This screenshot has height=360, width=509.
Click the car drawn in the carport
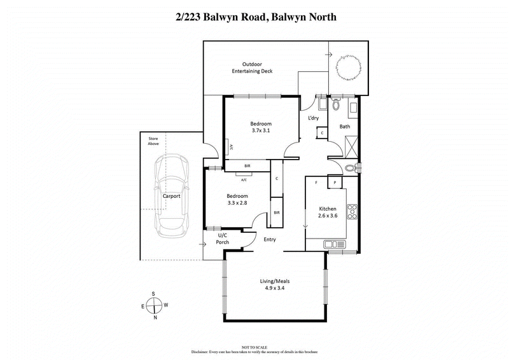pyautogui.click(x=171, y=195)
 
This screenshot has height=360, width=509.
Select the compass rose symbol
pyautogui.click(x=154, y=305)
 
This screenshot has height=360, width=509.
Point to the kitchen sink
pyautogui.click(x=333, y=244)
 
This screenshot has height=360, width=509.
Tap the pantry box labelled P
pyautogui.click(x=335, y=183)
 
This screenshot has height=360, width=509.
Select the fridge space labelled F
pyautogui.click(x=316, y=183)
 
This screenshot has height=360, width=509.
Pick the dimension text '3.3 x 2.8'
pyautogui.click(x=236, y=204)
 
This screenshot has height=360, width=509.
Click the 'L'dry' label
pyautogui.click(x=313, y=119)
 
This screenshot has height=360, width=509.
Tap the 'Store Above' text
pyautogui.click(x=153, y=141)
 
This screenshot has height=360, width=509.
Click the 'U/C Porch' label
pyautogui.click(x=205, y=239)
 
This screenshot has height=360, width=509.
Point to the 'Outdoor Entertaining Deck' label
pyautogui.click(x=252, y=67)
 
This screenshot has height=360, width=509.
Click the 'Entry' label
pyautogui.click(x=270, y=239)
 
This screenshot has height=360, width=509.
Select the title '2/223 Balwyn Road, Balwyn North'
pyautogui.click(x=254, y=17)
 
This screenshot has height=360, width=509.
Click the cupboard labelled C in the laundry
pyautogui.click(x=322, y=132)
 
